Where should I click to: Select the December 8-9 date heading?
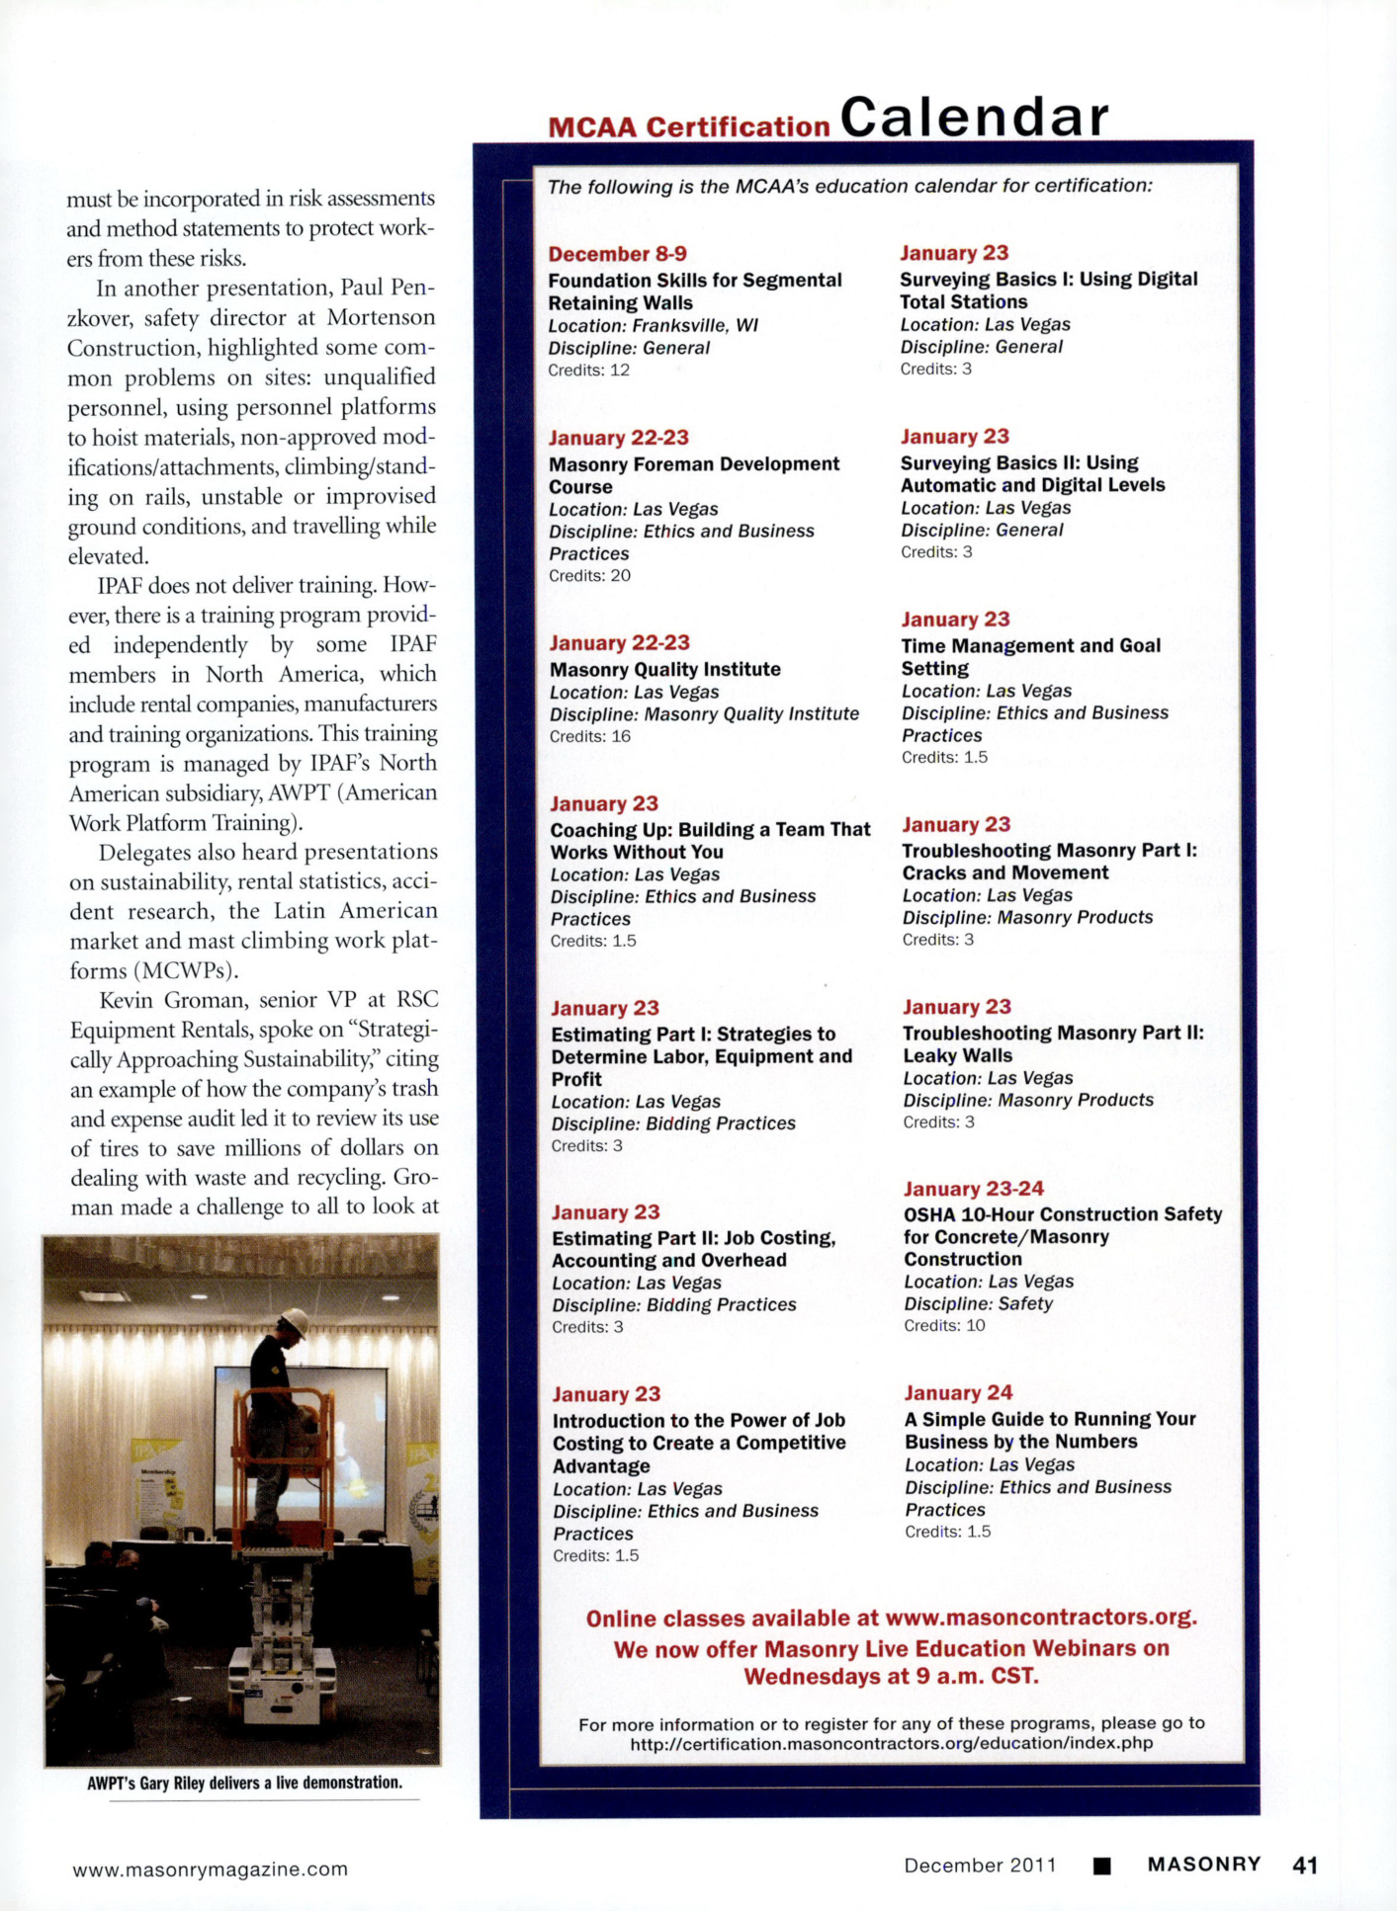coord(617,254)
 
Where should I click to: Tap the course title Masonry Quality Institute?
coord(664,669)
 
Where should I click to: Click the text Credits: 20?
coord(589,575)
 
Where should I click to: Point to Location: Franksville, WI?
coord(653,325)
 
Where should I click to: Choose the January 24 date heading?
coord(958,1392)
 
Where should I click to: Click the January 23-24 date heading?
coord(973,1189)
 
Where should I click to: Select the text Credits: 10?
coord(944,1325)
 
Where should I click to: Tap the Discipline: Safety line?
coord(978,1303)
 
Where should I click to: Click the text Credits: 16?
coord(589,736)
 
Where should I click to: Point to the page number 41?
coord(1305,1865)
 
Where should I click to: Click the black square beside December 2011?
coord(1102,1866)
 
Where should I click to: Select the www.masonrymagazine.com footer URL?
coord(210,1869)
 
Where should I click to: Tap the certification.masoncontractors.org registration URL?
coord(891,1743)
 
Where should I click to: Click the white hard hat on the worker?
coord(294,1320)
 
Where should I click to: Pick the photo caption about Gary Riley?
coord(244,1783)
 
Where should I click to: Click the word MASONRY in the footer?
coord(1203,1864)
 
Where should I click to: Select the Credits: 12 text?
coord(588,370)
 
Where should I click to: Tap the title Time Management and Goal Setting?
coord(1029,656)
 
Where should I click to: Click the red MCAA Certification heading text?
coord(688,127)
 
